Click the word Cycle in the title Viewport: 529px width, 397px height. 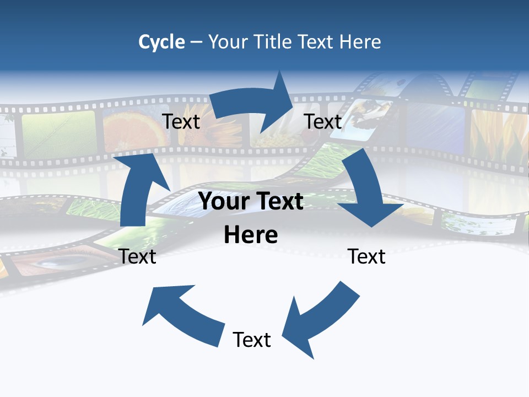(161, 42)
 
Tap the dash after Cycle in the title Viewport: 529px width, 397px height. (196, 42)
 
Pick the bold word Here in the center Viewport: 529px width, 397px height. (251, 235)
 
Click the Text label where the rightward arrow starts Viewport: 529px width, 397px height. (181, 122)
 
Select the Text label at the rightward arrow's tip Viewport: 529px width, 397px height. (323, 122)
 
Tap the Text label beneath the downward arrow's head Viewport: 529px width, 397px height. (366, 256)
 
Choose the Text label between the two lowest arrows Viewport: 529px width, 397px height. (252, 340)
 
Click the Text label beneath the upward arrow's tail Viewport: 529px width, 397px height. (138, 256)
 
